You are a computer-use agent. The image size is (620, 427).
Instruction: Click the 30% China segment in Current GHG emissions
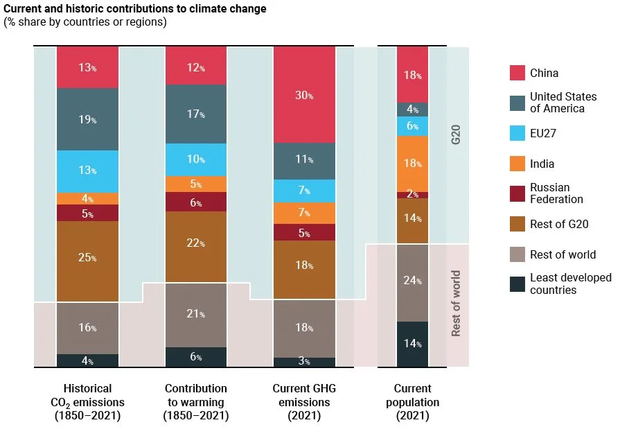[x=305, y=95]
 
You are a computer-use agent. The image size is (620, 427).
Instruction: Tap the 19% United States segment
[x=87, y=119]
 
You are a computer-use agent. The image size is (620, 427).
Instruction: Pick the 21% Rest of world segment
[x=196, y=315]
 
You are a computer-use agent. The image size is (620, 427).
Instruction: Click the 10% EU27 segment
[x=196, y=159]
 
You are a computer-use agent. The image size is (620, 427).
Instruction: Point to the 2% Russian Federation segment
[x=412, y=195]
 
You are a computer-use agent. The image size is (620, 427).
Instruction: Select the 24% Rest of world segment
[x=412, y=282]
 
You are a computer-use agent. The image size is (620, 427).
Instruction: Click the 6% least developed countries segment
[x=196, y=357]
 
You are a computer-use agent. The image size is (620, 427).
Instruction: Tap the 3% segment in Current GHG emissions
[x=305, y=362]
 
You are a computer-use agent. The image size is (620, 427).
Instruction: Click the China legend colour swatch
[x=517, y=73]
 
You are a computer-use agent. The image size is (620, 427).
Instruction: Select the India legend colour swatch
[x=517, y=164]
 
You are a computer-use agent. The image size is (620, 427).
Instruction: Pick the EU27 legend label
[x=542, y=134]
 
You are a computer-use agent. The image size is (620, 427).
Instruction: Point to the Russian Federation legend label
[x=556, y=193]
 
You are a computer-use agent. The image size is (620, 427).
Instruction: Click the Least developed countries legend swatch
[x=517, y=284]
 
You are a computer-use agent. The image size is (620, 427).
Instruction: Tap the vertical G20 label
[x=456, y=134]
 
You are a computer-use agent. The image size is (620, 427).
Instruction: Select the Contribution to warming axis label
[x=196, y=402]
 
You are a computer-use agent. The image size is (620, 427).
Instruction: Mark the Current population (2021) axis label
[x=412, y=402]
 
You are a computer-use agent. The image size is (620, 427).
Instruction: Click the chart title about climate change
[x=135, y=10]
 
